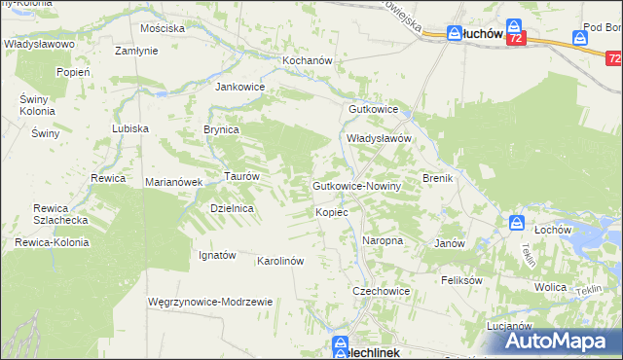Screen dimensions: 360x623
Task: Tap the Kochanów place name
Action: (308, 60)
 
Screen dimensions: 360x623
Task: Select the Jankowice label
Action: (239, 86)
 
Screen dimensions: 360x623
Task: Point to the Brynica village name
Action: (221, 128)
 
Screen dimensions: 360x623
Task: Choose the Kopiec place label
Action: (331, 211)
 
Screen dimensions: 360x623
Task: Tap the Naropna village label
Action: (383, 239)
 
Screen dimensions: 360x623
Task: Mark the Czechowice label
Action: (381, 291)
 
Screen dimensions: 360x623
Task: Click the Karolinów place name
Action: (280, 261)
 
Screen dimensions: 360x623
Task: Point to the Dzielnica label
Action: (232, 208)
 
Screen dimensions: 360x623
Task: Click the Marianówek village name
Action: (173, 182)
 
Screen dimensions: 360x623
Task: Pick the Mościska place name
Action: (163, 28)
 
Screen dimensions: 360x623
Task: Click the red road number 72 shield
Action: (516, 38)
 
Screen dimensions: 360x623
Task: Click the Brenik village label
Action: (433, 178)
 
